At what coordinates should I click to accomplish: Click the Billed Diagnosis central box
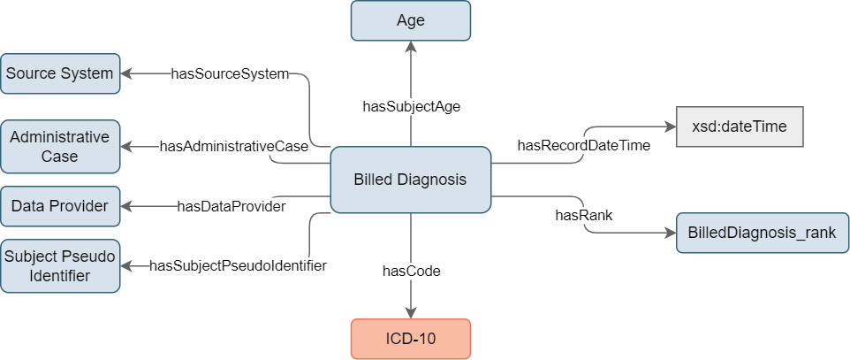click(x=411, y=180)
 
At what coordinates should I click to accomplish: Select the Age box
click(x=411, y=20)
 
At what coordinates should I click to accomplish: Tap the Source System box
click(x=59, y=73)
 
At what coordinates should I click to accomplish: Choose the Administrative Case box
click(x=59, y=147)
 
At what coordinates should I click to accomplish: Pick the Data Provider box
click(x=59, y=206)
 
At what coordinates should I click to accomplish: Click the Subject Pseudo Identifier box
click(x=59, y=266)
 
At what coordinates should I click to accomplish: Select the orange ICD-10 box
click(x=411, y=340)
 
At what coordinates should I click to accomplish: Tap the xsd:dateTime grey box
click(x=740, y=126)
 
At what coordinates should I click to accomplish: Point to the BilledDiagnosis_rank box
click(x=763, y=233)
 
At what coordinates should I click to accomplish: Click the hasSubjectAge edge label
click(x=412, y=106)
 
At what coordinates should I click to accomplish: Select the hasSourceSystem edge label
click(x=230, y=73)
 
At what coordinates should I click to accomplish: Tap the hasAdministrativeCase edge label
click(x=233, y=146)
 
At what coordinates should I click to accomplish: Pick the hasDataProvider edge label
click(x=231, y=206)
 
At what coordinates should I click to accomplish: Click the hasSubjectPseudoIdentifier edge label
click(x=238, y=266)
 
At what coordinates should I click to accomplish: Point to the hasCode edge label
click(x=412, y=272)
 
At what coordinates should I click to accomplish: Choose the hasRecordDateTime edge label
click(x=584, y=145)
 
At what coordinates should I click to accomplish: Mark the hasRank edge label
click(x=584, y=215)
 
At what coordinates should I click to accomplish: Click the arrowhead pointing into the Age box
click(x=411, y=46)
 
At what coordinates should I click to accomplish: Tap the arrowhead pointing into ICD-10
click(x=411, y=313)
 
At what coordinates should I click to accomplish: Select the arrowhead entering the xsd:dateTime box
click(x=671, y=126)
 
